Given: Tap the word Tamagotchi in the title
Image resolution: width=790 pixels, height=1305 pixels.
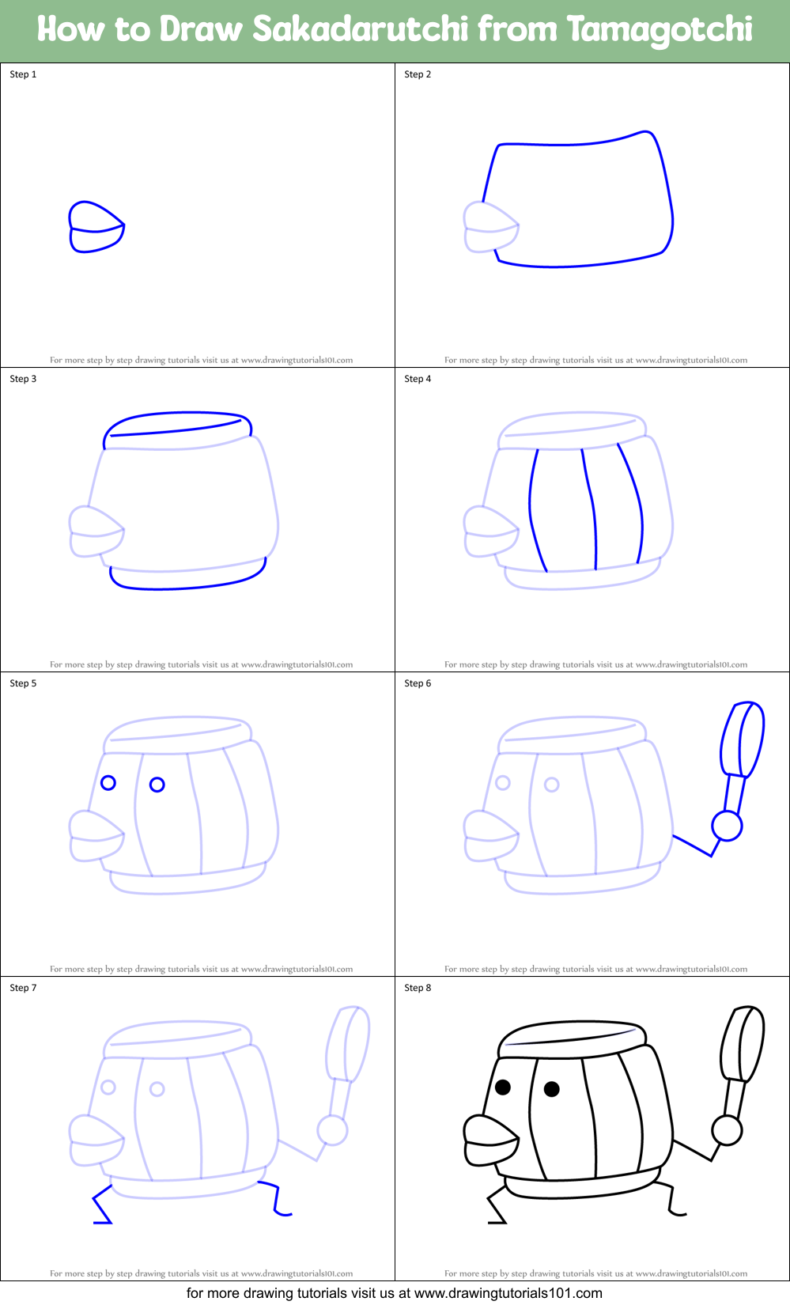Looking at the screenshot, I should click(660, 30).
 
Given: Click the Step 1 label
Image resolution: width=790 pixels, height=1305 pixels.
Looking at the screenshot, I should click(23, 74).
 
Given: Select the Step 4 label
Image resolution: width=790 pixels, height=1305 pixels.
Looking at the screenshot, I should click(418, 379).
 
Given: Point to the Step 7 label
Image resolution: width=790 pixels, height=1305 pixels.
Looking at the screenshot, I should click(23, 988).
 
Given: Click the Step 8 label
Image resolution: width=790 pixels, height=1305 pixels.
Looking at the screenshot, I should click(418, 988).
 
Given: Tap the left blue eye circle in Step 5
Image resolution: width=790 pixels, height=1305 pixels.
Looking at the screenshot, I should click(108, 782).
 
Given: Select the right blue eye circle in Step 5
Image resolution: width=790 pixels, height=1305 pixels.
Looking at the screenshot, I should click(157, 785).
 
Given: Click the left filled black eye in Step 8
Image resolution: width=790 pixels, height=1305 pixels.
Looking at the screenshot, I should click(503, 1087).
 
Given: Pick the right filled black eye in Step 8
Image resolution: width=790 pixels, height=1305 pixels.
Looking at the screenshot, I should click(552, 1089).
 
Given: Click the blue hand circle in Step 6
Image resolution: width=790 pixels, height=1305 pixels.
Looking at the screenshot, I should click(727, 826).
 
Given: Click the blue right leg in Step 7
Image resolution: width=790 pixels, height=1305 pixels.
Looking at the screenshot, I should click(277, 1198).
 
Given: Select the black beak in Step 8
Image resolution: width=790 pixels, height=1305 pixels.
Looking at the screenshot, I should click(490, 1140).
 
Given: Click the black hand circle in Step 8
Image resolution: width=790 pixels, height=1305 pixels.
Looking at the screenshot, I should click(727, 1130).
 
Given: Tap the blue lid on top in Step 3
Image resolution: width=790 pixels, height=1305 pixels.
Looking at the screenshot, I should click(178, 423).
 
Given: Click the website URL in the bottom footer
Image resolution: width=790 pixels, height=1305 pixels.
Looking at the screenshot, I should click(508, 1293).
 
